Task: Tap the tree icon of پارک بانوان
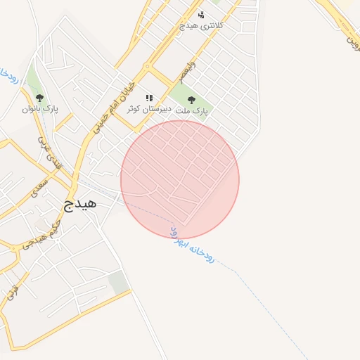(39, 98)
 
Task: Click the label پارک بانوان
(40, 109)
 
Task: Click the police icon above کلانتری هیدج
(201, 15)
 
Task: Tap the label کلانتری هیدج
(202, 25)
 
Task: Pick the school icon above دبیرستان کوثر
(149, 98)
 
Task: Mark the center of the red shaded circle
(180, 179)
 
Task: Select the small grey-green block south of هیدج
(119, 282)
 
